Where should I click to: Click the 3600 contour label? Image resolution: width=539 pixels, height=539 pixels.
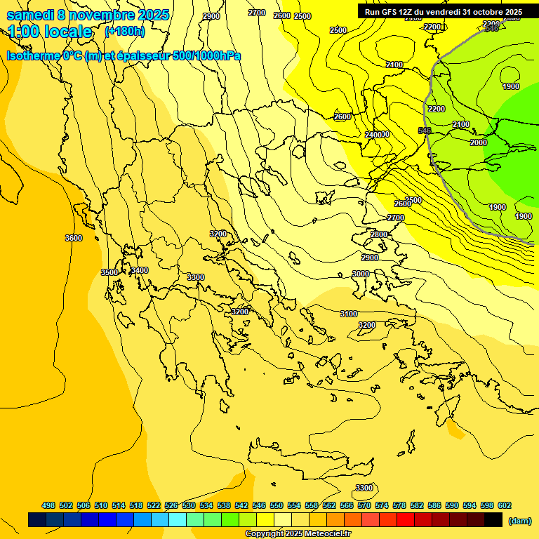pos(74,238)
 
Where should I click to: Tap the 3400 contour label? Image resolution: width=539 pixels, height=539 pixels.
pos(140,270)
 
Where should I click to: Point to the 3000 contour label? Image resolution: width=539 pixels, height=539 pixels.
pos(361,274)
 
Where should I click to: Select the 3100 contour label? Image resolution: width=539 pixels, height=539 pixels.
pos(349,314)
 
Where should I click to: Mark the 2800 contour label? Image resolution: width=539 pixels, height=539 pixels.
pos(379,234)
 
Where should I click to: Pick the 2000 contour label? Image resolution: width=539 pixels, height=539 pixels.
pos(478,142)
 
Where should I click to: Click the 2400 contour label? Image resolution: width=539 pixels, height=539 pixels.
pos(373,135)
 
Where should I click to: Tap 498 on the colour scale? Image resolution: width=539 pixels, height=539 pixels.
pos(48,505)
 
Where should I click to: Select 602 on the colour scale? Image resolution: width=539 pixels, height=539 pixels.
pos(505,505)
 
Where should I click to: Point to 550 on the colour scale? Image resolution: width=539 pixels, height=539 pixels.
pos(277,505)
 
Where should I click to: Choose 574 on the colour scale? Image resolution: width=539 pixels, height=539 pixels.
pos(382,505)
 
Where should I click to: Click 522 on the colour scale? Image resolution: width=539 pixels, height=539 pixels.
pos(154,505)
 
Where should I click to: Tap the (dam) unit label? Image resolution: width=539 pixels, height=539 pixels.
pos(519,521)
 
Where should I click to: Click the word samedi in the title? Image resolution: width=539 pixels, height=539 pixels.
pos(29,15)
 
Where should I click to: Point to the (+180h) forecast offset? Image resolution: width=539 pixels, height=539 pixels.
pos(124,32)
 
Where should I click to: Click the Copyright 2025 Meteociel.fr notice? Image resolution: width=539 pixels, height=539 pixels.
pos(298,533)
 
